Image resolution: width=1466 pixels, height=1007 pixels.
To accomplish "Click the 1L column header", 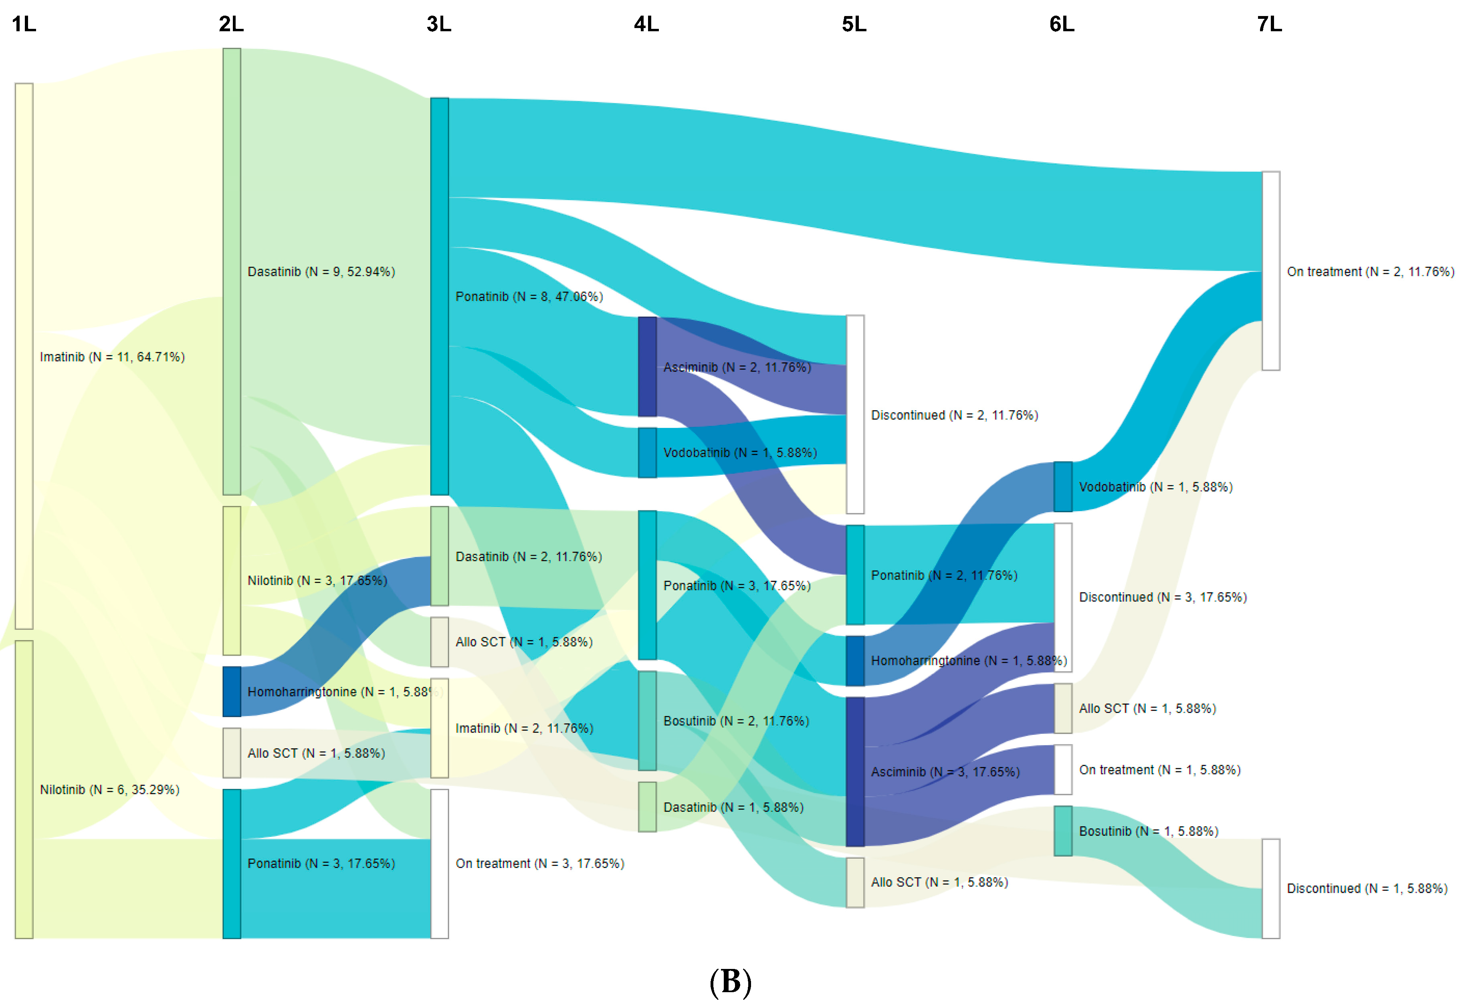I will point(24,24).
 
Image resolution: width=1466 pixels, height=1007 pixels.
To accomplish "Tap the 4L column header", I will point(646,24).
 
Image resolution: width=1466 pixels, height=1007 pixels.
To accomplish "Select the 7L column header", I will point(1269,24).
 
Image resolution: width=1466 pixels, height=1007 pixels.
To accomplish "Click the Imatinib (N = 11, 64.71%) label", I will point(112,357).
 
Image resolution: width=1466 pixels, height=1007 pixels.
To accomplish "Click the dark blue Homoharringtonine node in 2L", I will point(232,692).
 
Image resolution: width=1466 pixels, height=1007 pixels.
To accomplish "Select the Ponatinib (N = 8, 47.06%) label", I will point(529,297).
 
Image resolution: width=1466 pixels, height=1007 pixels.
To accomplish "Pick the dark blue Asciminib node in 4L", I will point(647,367).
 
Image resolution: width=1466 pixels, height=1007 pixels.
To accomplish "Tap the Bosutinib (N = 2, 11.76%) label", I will point(736,721).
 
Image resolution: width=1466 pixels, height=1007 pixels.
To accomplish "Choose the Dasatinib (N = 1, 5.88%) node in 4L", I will point(647,807).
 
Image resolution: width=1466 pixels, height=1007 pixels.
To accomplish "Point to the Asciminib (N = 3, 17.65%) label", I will point(945,772).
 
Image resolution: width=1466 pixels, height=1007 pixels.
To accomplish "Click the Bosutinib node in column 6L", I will point(1063,831).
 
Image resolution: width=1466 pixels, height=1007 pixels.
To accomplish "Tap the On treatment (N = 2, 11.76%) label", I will point(1371,272).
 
